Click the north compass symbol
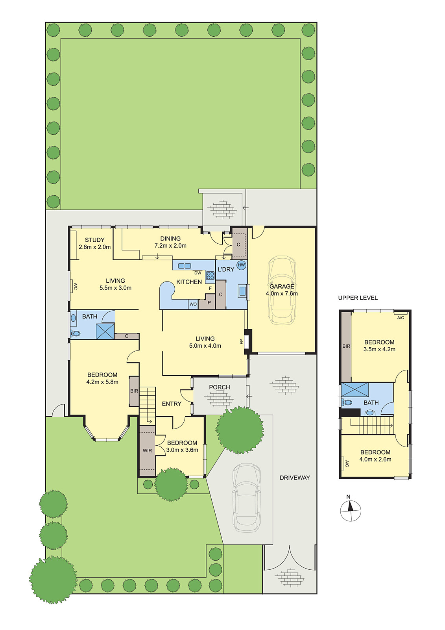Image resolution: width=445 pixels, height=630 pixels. tap(350, 511)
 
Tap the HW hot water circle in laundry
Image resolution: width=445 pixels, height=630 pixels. tap(241, 265)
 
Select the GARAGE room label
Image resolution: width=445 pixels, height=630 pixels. tap(282, 286)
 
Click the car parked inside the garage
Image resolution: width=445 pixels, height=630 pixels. tap(282, 290)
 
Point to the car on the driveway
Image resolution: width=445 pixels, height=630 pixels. tap(246, 498)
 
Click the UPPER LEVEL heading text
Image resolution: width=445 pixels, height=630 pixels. tap(358, 298)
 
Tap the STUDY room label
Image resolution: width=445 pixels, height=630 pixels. tap(95, 240)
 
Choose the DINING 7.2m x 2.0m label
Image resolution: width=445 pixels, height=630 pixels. tap(170, 242)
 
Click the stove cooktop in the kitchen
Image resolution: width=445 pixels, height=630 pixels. tap(210, 276)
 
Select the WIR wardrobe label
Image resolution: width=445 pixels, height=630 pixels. tap(147, 450)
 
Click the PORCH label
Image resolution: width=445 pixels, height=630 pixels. tap(220, 387)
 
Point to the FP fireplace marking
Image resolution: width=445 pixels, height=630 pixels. tap(242, 341)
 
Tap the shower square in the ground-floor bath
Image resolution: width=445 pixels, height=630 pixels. tap(105, 331)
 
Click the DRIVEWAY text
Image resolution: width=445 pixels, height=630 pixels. tap(295, 478)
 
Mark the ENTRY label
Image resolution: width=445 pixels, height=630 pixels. tap(172, 404)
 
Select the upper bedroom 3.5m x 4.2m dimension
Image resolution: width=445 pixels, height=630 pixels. tap(379, 349)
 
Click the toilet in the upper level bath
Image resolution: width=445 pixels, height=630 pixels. tap(347, 402)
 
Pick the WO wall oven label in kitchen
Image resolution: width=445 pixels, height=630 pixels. tap(193, 304)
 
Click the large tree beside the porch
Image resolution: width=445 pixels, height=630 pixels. tap(240, 430)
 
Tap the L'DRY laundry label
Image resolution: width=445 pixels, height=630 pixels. tap(226, 269)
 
